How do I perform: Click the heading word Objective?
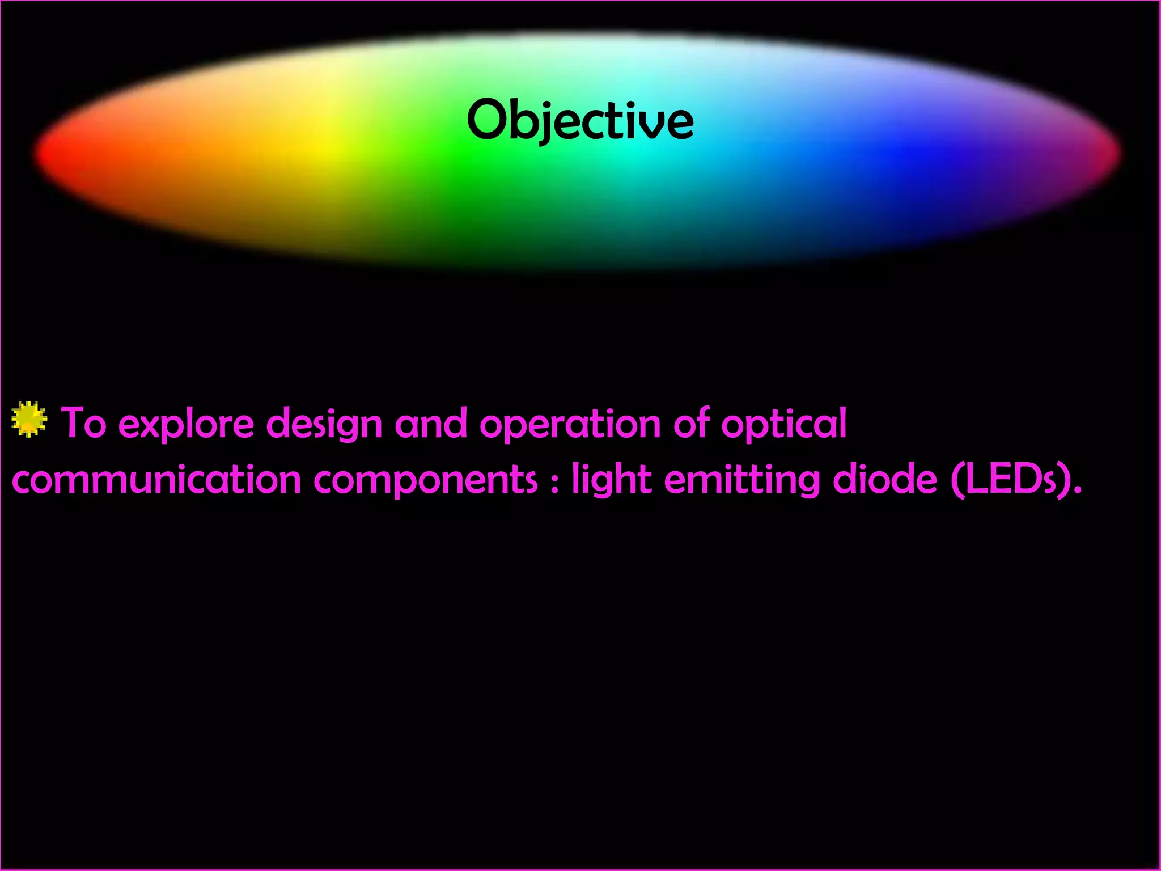tap(580, 120)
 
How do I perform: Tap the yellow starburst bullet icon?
tap(29, 420)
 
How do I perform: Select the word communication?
tap(156, 480)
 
